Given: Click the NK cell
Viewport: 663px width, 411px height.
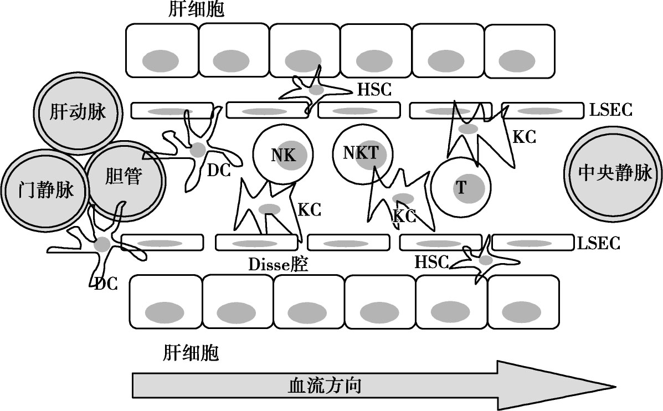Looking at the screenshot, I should click(x=283, y=155).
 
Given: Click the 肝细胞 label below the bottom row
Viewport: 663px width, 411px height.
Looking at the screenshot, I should click(x=191, y=353).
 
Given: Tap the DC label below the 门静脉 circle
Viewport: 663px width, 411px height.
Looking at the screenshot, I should click(x=105, y=284).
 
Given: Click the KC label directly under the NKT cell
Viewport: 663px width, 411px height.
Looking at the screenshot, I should click(x=404, y=216).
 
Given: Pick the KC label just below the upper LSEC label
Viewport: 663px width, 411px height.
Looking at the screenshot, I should click(x=524, y=137).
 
